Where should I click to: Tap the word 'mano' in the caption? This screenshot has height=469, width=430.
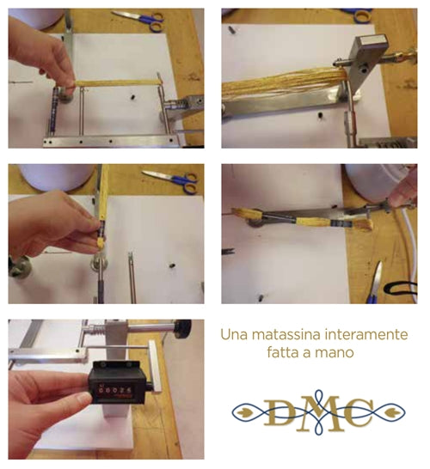338,352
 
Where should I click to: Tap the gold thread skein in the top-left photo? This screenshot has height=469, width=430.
116,82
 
